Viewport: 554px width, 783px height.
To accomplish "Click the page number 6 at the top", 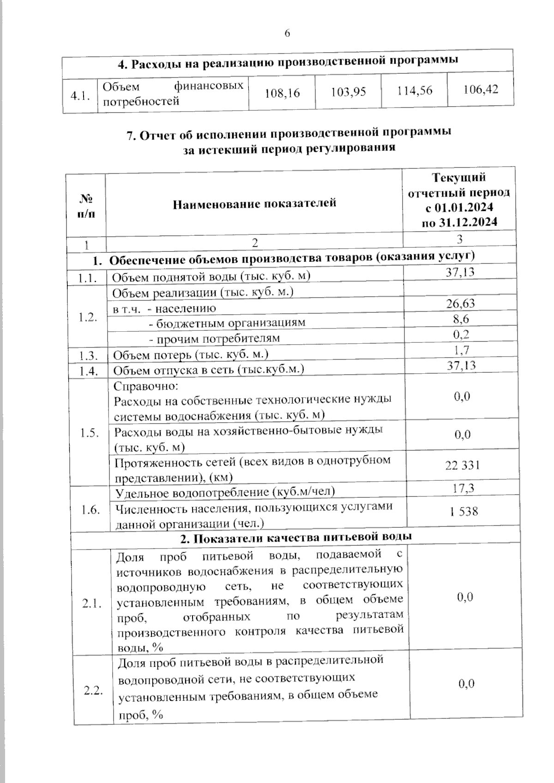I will point(287,34).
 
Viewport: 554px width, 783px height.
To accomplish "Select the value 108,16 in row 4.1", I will point(282,93).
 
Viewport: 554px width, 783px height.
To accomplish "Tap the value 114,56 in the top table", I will point(415,91).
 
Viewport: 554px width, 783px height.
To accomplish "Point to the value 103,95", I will point(349,92).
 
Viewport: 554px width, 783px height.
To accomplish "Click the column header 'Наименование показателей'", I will point(254,203).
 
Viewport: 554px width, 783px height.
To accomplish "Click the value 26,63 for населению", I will point(460,303).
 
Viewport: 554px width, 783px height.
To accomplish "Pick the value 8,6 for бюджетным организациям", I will point(461,319).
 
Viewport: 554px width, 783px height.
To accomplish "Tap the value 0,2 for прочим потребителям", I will point(461,334).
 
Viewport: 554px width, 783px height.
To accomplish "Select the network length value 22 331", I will point(462,465).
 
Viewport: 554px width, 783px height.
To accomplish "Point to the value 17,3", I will point(463,488).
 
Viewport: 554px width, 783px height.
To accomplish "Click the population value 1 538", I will point(464,511).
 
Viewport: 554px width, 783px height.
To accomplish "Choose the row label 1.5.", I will point(89,433).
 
